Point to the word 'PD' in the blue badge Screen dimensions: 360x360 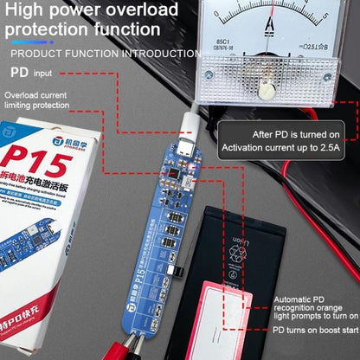click(19, 74)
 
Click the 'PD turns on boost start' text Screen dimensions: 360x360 click(312, 330)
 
